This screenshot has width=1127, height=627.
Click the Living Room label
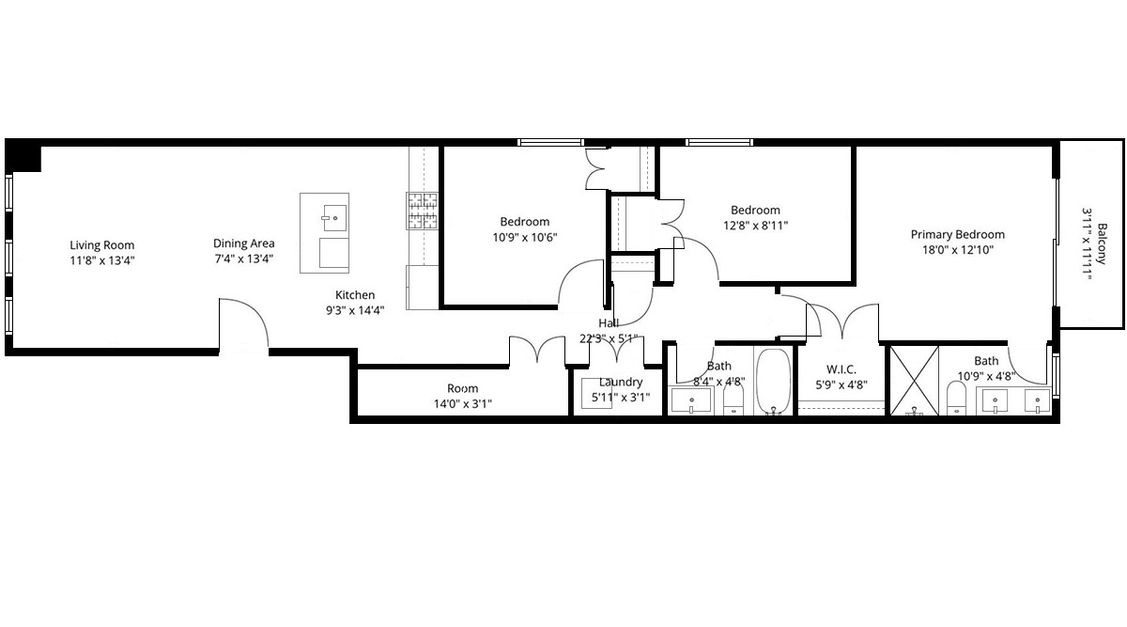(102, 245)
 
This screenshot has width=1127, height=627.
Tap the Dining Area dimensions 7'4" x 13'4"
(244, 259)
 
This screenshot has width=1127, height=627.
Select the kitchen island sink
(334, 217)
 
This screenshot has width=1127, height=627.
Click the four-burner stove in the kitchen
(422, 211)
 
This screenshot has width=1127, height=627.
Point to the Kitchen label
(355, 294)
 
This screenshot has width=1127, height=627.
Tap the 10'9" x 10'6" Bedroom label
(525, 222)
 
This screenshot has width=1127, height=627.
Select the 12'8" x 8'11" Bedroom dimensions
(756, 225)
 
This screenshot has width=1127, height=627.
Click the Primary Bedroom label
(957, 234)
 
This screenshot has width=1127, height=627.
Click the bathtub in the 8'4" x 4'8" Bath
(773, 382)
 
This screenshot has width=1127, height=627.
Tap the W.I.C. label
(841, 369)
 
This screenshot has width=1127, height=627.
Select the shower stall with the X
(914, 381)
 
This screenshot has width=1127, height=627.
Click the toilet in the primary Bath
(956, 399)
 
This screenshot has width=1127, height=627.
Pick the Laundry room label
(621, 383)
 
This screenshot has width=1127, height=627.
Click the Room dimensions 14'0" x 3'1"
(463, 403)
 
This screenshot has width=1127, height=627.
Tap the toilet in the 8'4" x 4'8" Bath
(733, 401)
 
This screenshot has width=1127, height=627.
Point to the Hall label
(609, 322)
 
